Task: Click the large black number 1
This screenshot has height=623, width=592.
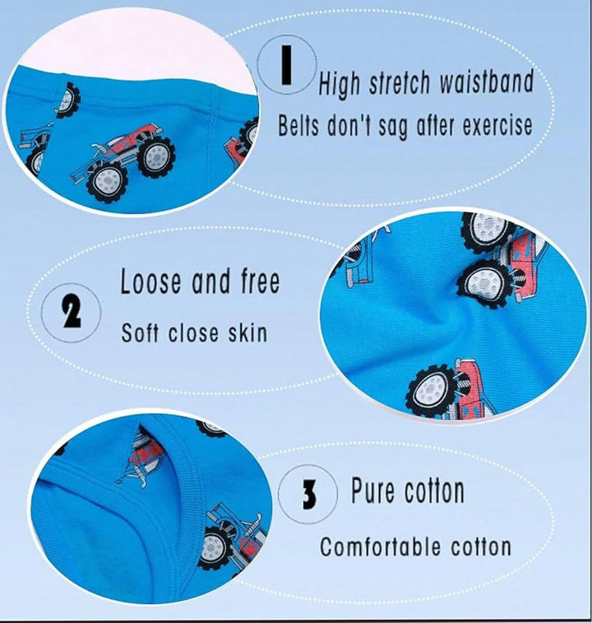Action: click(x=287, y=65)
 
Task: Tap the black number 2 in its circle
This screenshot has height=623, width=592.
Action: click(x=72, y=313)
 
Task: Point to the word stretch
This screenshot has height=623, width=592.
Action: click(x=400, y=84)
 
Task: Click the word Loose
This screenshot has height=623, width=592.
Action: click(x=151, y=281)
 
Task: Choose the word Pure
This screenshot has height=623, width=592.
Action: click(x=372, y=490)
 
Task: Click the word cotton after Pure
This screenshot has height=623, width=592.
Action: click(x=434, y=491)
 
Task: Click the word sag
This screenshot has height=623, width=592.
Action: click(x=393, y=128)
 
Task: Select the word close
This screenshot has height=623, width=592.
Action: click(x=193, y=332)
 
